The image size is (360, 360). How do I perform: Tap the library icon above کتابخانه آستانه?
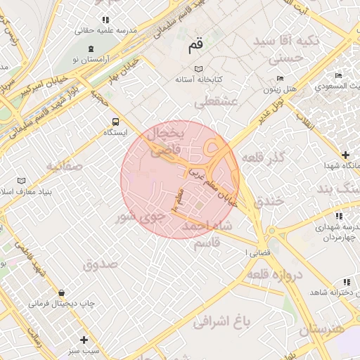point(199,68)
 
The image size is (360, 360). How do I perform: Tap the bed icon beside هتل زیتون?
point(281,78)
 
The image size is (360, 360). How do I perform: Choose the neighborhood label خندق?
point(271,201)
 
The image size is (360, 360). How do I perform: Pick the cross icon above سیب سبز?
point(84,338)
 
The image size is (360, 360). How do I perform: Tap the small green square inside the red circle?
point(199,206)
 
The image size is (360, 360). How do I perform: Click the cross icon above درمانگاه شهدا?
point(345,154)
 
